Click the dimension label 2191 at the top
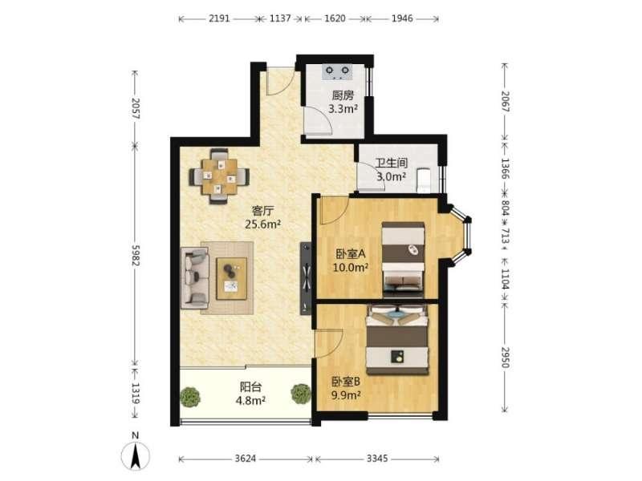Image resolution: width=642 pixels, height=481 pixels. coord(219,18)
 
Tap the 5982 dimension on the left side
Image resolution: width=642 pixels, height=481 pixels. coord(136,256)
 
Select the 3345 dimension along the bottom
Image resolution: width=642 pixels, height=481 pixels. coord(377,459)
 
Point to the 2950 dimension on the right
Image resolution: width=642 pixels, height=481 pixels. coord(506,357)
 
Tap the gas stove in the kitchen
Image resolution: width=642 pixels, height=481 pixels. coord(338,72)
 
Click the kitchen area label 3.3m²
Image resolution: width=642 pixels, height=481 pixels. coord(343,109)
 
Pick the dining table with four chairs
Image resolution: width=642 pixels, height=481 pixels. coord(219,176)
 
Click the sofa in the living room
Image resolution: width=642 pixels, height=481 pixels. coord(195,277)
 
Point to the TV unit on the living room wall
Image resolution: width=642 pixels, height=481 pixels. coord(306,278)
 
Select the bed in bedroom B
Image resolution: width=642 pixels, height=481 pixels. coord(397,339)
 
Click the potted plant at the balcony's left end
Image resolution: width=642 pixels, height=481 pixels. coord(190,396)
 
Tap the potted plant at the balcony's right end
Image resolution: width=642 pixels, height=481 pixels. coord(301,394)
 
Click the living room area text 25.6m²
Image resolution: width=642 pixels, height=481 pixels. coord(262,224)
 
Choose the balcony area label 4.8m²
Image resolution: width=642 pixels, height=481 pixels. coord(250,400)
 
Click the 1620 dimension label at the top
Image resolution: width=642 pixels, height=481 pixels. coord(335,18)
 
